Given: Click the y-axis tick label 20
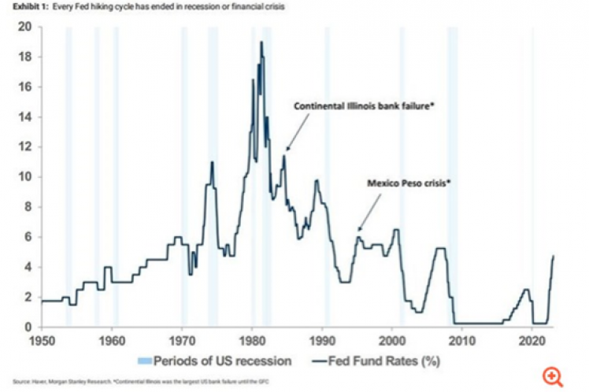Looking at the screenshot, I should [24, 28].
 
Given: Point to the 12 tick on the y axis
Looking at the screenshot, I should [24, 147].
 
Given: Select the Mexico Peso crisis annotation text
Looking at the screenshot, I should [409, 183].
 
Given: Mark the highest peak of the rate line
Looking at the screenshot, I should [261, 43].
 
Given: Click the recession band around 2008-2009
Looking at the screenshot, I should [453, 173].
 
